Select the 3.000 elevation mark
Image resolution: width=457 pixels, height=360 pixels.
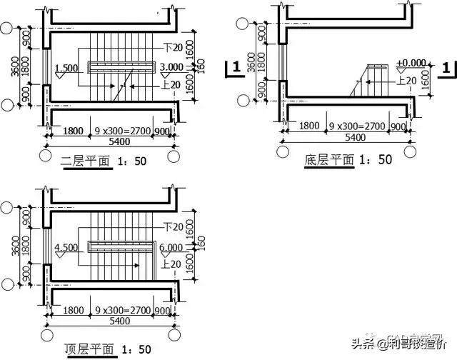click(171, 67)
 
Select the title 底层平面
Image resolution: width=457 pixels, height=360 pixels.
click(329, 160)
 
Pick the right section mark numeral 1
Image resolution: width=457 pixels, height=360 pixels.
click(446, 69)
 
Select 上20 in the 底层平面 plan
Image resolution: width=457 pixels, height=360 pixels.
click(406, 81)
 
